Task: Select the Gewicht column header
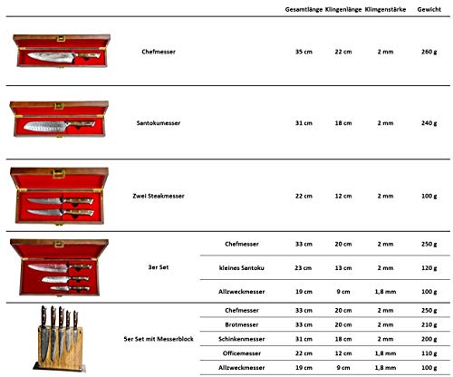pos(429,9)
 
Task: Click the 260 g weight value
pos(429,52)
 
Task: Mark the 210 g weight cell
pos(429,324)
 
